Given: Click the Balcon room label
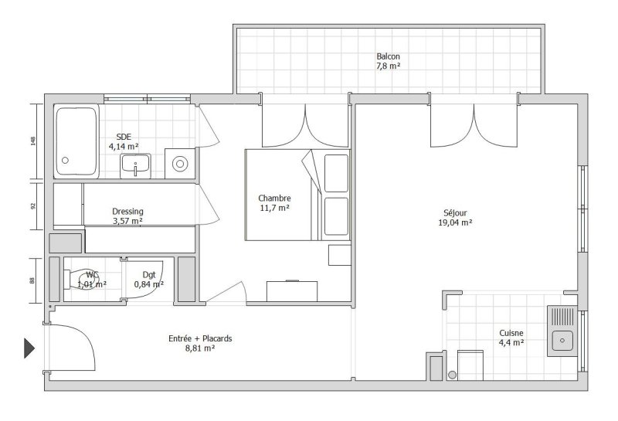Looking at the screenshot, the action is (x=388, y=56).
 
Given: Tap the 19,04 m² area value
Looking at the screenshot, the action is (x=455, y=222).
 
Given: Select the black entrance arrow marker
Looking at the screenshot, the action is (x=29, y=348).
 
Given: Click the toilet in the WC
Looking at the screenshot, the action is (x=82, y=280).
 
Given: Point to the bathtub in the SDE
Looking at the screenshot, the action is (x=76, y=141).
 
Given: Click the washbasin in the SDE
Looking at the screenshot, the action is (x=135, y=165).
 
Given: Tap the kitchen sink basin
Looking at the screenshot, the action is (x=562, y=341).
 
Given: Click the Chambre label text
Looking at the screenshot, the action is (x=274, y=199).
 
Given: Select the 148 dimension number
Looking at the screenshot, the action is (x=33, y=141).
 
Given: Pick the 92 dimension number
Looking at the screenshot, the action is (x=33, y=205).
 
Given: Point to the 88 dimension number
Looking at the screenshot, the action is (x=32, y=280).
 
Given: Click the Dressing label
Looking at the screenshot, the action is (x=127, y=212).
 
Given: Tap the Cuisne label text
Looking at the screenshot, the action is (x=511, y=333).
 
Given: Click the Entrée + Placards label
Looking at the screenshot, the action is (x=200, y=338).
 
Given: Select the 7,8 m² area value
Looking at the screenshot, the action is (x=389, y=66).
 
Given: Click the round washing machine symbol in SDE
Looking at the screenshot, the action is (x=180, y=164).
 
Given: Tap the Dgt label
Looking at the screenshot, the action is (x=149, y=275).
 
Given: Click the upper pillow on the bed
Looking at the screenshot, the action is (x=336, y=174).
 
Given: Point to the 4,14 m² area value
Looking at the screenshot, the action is (x=124, y=147).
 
